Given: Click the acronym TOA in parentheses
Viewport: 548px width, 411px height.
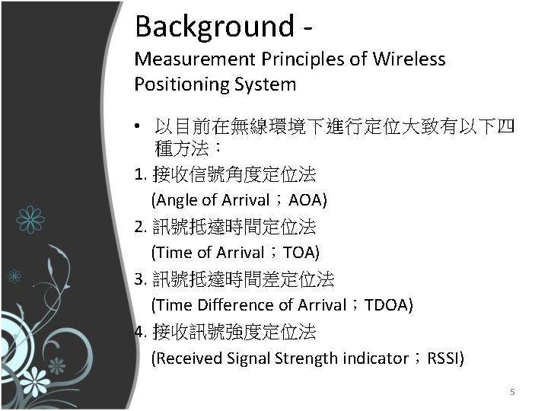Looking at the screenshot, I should pyautogui.click(x=301, y=252).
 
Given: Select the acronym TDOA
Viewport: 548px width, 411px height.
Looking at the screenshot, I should pyautogui.click(x=388, y=304).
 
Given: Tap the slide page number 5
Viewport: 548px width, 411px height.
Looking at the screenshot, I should pyautogui.click(x=512, y=392).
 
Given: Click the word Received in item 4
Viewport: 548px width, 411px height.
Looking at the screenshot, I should pyautogui.click(x=186, y=357).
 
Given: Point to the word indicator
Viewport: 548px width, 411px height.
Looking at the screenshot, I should pyautogui.click(x=372, y=357).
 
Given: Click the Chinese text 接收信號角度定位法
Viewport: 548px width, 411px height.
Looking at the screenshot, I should pyautogui.click(x=234, y=174).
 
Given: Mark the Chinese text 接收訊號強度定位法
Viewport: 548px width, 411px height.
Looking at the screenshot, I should pyautogui.click(x=234, y=331).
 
